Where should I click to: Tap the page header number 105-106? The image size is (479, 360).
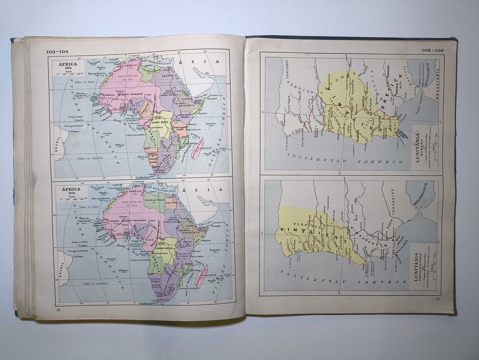[x=432, y=50]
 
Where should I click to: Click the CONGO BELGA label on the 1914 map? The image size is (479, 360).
[x=163, y=122]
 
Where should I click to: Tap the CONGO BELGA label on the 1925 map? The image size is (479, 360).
[x=165, y=248]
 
